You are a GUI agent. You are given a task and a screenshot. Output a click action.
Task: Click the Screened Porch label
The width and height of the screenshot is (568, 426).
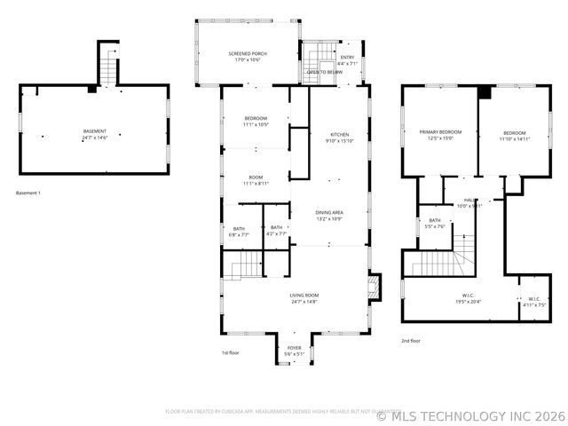pyautogui.click(x=250, y=57)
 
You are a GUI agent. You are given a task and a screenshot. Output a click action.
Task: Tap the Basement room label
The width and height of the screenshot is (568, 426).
pyautogui.click(x=94, y=135)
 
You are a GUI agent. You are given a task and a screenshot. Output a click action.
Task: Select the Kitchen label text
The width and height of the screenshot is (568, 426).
pyautogui.click(x=340, y=138)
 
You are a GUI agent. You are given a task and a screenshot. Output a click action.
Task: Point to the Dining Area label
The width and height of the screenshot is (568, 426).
pyautogui.click(x=329, y=216)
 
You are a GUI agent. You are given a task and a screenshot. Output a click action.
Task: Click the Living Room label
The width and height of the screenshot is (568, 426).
pyautogui.click(x=304, y=298)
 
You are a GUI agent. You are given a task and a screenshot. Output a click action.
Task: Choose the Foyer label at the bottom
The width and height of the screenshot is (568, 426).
pyautogui.click(x=294, y=351)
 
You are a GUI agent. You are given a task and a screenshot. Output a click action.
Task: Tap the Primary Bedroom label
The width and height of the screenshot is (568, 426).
pyautogui.click(x=440, y=135)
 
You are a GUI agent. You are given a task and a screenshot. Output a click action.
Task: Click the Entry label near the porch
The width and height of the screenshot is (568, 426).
pyautogui.click(x=348, y=60)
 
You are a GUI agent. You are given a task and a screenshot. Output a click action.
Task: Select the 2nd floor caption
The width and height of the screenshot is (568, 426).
pyautogui.click(x=411, y=341)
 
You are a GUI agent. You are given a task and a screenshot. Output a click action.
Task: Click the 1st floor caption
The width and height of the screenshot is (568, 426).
pyautogui.click(x=232, y=353)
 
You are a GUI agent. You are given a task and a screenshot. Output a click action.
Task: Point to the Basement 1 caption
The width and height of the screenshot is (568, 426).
pyautogui.click(x=28, y=193)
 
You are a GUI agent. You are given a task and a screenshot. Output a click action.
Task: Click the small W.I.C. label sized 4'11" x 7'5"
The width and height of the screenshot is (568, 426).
pyautogui.click(x=534, y=301)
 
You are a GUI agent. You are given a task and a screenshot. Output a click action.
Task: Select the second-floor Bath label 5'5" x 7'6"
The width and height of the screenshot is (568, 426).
pyautogui.click(x=435, y=223)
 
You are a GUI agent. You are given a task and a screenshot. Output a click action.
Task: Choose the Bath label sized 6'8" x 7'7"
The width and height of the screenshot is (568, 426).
pyautogui.click(x=239, y=232)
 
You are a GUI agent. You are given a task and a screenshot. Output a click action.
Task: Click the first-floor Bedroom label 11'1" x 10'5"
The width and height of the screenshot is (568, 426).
pyautogui.click(x=256, y=122)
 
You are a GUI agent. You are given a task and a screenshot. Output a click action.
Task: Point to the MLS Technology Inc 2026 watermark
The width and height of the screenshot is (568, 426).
pyautogui.click(x=470, y=414)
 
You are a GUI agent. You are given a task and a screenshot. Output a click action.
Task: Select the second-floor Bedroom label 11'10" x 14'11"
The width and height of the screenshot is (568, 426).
pyautogui.click(x=514, y=135)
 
